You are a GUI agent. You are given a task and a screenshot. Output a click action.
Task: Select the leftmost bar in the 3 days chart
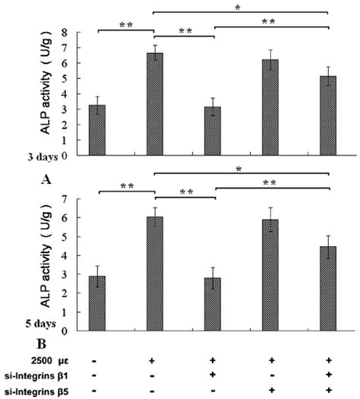click(96, 130)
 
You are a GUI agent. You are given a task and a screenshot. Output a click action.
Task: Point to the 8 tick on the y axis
click(74, 33)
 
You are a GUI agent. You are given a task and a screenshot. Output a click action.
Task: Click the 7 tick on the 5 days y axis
click(74, 199)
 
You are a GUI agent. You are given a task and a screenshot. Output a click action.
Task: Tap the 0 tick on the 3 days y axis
click(74, 155)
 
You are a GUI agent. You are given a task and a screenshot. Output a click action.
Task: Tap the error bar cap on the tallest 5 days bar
click(154, 207)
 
